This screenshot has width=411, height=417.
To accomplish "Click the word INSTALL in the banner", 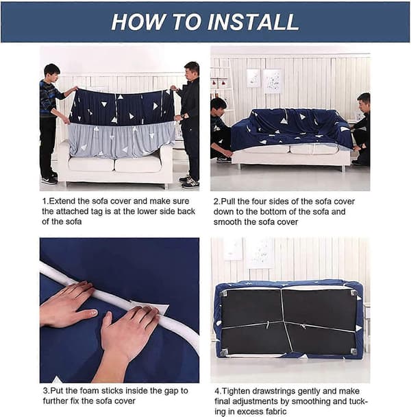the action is click(x=253, y=22).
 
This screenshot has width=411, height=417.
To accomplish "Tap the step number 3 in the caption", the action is click(x=46, y=391).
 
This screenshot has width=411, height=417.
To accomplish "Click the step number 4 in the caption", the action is click(x=218, y=392).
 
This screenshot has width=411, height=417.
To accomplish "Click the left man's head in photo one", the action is click(x=52, y=72).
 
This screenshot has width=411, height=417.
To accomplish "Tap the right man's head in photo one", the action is click(x=192, y=71).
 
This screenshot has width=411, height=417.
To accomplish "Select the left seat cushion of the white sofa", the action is click(x=91, y=165).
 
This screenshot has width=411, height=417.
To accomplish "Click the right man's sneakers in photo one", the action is click(x=190, y=182).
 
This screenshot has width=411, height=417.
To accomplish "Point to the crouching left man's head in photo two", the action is click(x=219, y=106).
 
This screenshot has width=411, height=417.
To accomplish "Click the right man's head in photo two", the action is click(x=363, y=102).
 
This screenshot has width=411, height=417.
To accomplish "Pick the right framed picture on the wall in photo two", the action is click(x=272, y=81).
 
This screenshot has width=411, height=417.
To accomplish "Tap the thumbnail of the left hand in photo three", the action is click(x=94, y=313).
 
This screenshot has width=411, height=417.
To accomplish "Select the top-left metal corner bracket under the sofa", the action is click(x=224, y=294).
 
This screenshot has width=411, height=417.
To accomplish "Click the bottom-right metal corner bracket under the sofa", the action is click(x=353, y=352).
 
